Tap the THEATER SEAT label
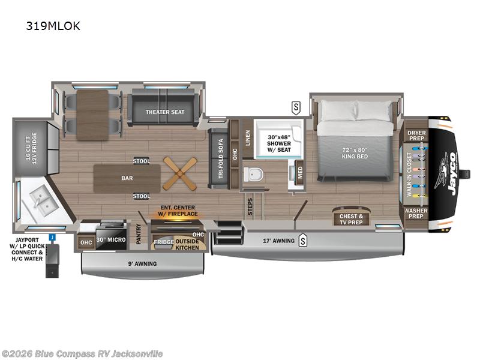point(164,112)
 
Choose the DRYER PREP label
point(417,136)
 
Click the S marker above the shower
point(296,108)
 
